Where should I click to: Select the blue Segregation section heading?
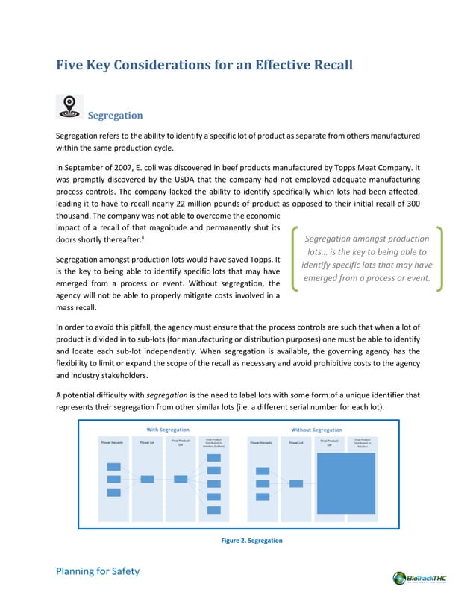point(115,116)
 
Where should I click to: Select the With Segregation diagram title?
point(168,430)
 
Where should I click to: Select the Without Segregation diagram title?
point(317,430)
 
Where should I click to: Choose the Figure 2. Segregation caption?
point(247,540)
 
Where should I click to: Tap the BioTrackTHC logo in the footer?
point(422,578)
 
